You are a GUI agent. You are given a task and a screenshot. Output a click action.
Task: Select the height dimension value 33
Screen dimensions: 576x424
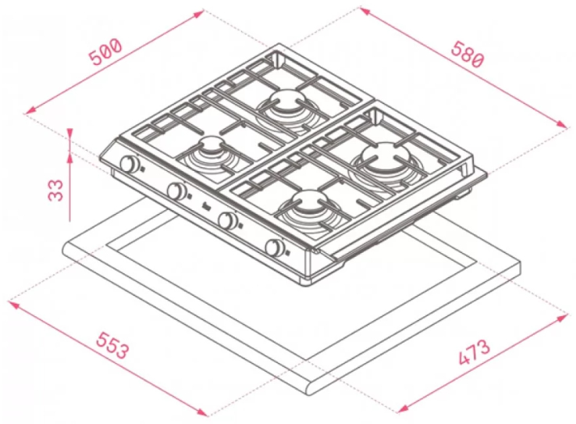tap(56, 190)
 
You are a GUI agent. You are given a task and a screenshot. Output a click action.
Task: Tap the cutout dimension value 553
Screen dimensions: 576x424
tap(112, 345)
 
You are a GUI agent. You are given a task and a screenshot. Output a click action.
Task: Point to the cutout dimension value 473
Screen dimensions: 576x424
tap(475, 352)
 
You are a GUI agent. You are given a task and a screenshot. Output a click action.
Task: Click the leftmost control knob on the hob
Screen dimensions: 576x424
tap(129, 163)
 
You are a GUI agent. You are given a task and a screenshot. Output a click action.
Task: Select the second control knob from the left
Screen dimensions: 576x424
tap(176, 191)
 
